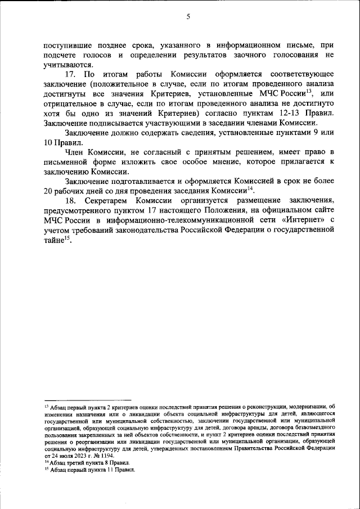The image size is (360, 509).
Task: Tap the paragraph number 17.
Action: [70, 74]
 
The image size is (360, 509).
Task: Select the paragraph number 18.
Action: [70, 201]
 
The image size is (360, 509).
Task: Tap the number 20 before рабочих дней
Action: [49, 191]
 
